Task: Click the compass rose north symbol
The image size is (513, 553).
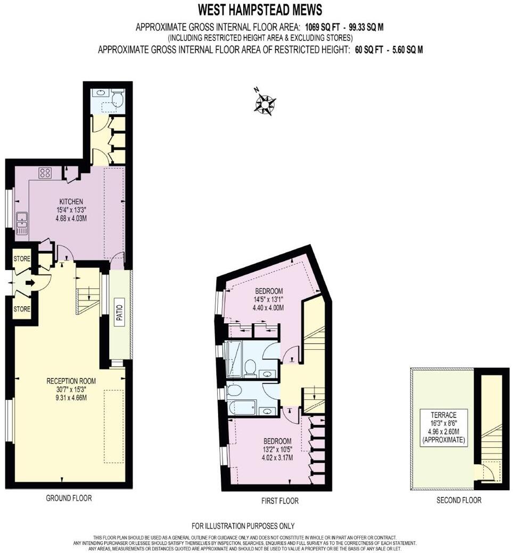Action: click(x=265, y=103)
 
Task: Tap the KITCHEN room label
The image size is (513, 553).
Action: click(x=71, y=202)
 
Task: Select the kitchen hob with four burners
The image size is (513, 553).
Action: click(x=45, y=172)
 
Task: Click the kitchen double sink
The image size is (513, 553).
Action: click(x=21, y=224)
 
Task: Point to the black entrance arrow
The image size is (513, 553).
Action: click(x=30, y=283)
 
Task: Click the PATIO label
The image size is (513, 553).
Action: click(x=119, y=313)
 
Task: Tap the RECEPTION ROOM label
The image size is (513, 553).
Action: click(x=71, y=381)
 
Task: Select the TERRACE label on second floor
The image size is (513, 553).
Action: click(x=443, y=415)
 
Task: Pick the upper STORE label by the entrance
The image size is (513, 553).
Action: click(x=22, y=258)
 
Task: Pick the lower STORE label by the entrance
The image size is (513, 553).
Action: click(x=22, y=309)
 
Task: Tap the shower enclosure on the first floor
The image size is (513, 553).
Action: click(x=234, y=359)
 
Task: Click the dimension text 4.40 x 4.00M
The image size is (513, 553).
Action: click(x=268, y=307)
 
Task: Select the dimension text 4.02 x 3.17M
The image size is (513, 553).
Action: click(x=277, y=458)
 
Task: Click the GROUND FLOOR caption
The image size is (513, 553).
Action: click(x=69, y=498)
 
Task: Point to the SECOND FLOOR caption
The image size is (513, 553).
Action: click(x=459, y=500)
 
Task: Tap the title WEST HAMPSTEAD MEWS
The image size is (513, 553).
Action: click(x=260, y=10)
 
